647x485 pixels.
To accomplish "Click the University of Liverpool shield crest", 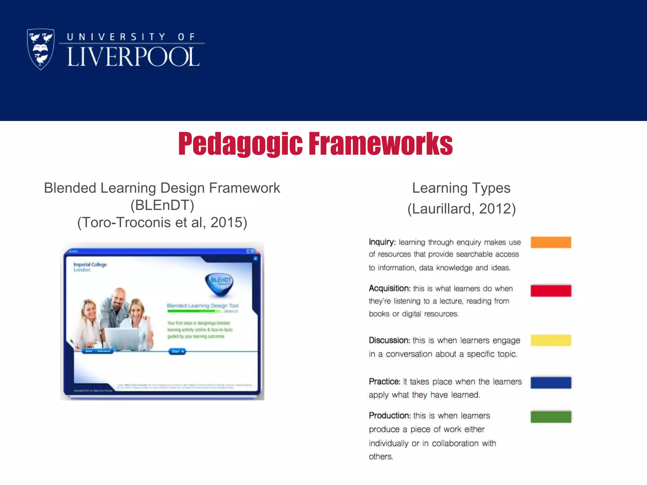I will (41, 49).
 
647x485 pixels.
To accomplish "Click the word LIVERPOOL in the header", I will (133, 57).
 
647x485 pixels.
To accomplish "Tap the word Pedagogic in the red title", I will (240, 144).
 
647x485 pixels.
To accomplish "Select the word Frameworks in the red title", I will (380, 144).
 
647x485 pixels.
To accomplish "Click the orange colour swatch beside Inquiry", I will (551, 242).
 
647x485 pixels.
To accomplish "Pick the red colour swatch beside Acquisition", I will (551, 290).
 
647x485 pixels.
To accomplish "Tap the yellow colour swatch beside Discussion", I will (551, 340).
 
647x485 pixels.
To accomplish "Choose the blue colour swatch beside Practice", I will (551, 382).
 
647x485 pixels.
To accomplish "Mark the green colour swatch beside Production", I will (551, 417).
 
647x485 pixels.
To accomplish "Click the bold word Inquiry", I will (382, 242).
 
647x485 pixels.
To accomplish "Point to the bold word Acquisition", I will (389, 288).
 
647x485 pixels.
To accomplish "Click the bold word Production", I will (390, 416).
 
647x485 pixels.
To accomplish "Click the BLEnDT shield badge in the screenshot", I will (220, 283).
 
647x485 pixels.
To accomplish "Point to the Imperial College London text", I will (90, 267).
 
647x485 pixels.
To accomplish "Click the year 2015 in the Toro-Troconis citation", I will (228, 222).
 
